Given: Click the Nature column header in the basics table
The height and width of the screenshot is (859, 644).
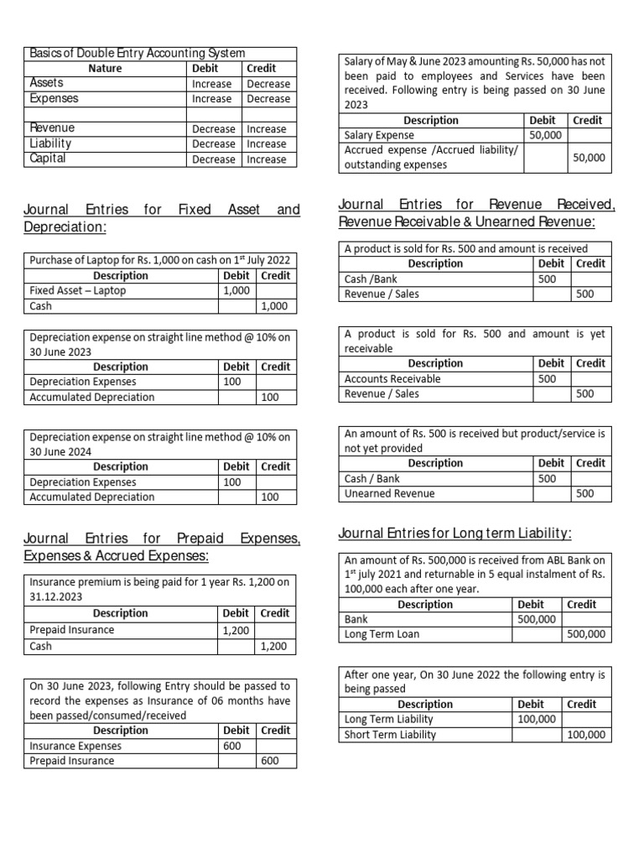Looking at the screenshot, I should (x=105, y=68).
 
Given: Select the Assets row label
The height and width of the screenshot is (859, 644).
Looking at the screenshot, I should (x=46, y=83).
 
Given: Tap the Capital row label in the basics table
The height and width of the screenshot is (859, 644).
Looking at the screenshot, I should (x=49, y=159).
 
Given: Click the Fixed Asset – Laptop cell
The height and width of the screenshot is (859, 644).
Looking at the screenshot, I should (x=78, y=290).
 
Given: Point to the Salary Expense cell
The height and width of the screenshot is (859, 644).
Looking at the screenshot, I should (x=379, y=134).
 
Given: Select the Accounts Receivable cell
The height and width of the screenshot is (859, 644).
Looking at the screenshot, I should (x=392, y=378).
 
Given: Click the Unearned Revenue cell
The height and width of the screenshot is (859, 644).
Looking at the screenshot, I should (x=390, y=493).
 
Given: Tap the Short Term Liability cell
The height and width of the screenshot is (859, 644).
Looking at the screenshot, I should (x=391, y=734).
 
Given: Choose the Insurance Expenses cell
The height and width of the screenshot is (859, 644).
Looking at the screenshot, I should (x=75, y=745).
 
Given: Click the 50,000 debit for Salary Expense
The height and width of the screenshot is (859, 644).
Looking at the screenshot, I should (x=545, y=134).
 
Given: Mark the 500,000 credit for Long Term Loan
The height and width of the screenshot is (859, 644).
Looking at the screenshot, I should (x=585, y=634).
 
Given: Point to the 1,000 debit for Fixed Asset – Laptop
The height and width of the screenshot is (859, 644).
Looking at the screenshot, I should (x=236, y=290).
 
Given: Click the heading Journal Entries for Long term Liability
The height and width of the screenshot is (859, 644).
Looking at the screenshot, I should (x=455, y=534).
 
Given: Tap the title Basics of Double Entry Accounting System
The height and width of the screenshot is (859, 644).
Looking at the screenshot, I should (x=138, y=53).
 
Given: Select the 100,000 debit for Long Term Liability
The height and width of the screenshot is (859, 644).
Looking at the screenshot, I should (x=535, y=719).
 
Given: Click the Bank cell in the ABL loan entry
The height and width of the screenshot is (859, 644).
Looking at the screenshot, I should (x=356, y=619).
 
